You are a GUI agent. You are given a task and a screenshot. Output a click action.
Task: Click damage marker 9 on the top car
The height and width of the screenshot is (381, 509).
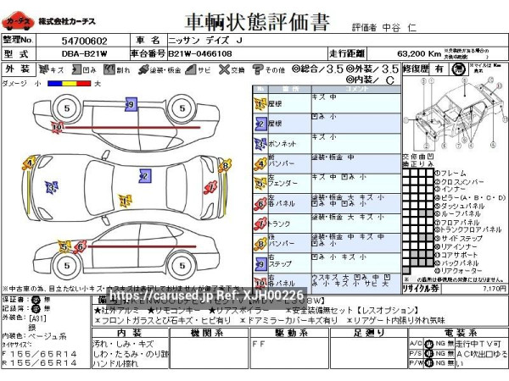pos(130,104)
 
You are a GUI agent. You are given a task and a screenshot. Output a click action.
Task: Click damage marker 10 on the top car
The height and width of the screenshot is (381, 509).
pos(57,127)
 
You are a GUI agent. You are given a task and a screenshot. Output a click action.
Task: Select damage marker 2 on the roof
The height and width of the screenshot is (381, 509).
pos(144,176)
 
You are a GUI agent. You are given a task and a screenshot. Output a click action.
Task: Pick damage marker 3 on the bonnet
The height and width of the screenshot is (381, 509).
pos(52,187)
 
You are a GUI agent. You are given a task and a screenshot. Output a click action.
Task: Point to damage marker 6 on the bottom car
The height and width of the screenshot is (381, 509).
pos(81,246)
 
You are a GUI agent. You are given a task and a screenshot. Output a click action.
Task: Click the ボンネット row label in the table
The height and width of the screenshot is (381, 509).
pos(282,144)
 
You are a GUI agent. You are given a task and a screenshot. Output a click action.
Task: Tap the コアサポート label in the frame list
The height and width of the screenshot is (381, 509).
pos(459,252)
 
